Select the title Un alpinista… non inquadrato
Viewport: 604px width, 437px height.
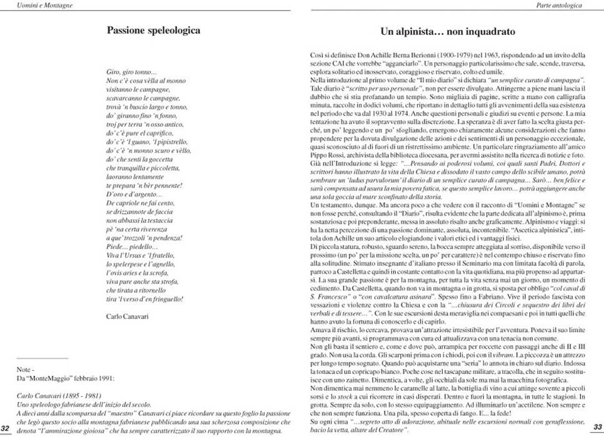(x=447, y=30)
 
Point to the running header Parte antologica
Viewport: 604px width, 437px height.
(x=577, y=5)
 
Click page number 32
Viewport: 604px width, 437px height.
(x=6, y=428)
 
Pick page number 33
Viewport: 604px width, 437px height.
(x=597, y=428)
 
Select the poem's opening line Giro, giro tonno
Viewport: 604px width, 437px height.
(x=131, y=73)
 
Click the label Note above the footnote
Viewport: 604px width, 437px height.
(x=25, y=369)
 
